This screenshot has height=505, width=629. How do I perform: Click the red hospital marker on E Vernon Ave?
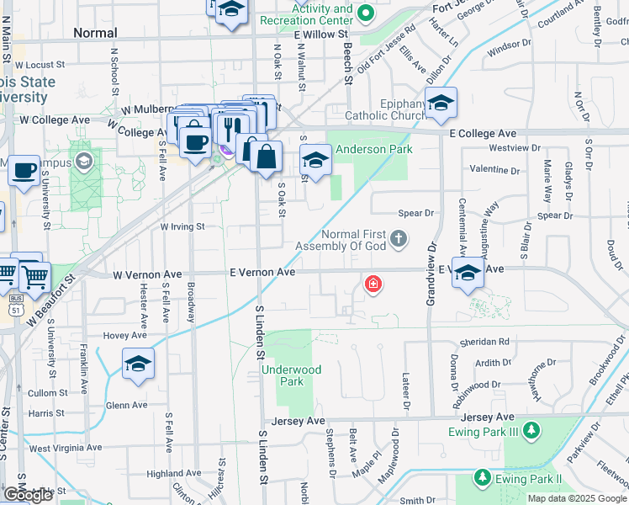[x=372, y=285]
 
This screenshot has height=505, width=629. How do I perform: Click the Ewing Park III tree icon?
[x=531, y=432]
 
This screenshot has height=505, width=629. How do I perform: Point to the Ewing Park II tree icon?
[x=482, y=479]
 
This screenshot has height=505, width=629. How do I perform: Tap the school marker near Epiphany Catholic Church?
[x=441, y=104]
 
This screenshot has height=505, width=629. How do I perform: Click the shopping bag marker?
[x=266, y=157]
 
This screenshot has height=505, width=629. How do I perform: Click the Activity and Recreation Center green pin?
[x=365, y=13]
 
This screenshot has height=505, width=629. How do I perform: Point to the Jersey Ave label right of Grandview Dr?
[x=493, y=417]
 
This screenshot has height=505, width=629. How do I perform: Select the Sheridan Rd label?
[x=484, y=342]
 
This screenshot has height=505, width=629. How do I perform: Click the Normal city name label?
[x=95, y=33]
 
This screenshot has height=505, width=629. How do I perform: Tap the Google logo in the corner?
[x=28, y=495]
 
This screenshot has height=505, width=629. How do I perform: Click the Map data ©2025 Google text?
[x=576, y=498]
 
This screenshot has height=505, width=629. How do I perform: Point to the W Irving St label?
[x=182, y=226]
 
